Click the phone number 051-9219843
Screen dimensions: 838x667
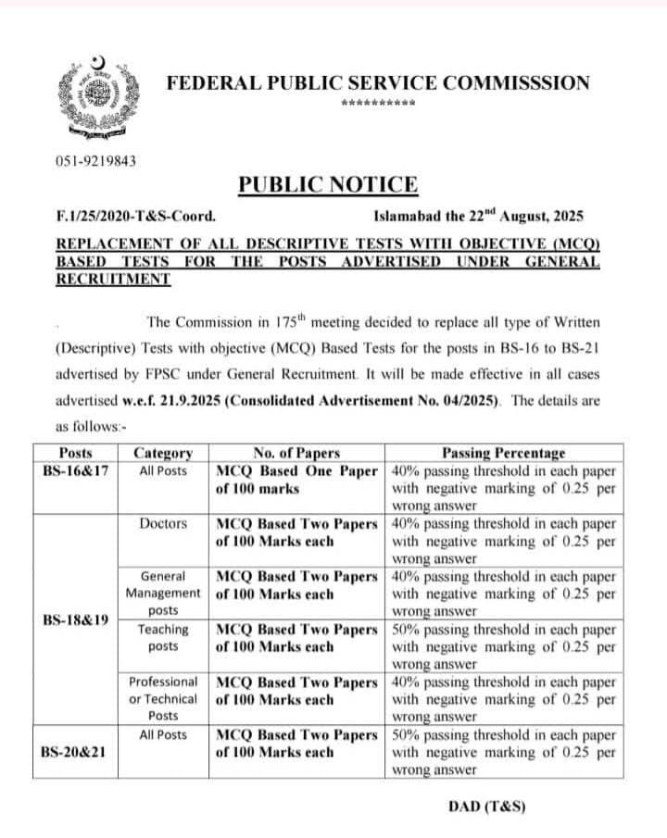click(x=97, y=160)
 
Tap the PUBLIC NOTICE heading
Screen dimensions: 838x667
click(x=328, y=184)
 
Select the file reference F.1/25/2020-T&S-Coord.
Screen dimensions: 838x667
click(x=137, y=217)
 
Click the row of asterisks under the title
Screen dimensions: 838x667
click(x=378, y=104)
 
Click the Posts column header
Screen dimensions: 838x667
click(x=75, y=453)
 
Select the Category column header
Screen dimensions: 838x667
click(x=163, y=453)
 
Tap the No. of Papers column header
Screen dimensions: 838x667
click(x=296, y=453)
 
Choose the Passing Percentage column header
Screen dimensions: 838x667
click(x=503, y=453)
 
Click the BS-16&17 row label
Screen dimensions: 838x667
click(x=75, y=469)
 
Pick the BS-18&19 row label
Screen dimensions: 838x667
click(x=75, y=619)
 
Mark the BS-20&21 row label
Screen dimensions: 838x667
click(x=75, y=752)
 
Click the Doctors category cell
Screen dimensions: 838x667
click(x=163, y=524)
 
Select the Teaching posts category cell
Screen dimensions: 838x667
click(x=163, y=637)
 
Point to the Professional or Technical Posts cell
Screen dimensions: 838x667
click(x=163, y=698)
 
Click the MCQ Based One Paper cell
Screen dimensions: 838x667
click(x=296, y=478)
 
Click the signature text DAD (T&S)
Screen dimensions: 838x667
click(x=486, y=806)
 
